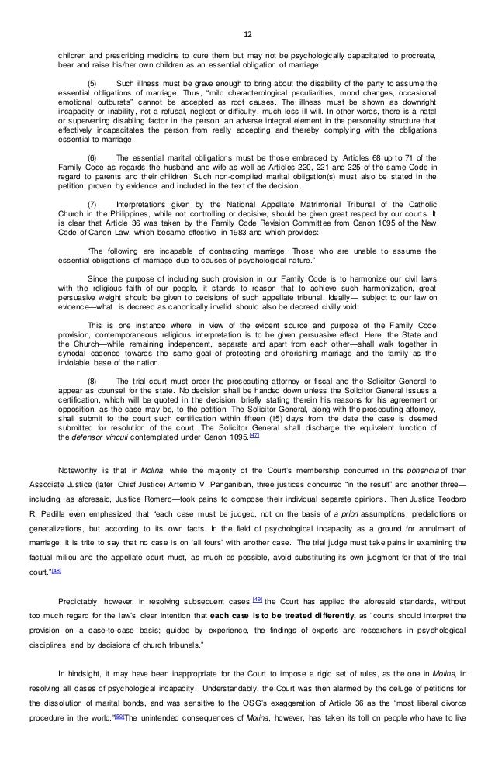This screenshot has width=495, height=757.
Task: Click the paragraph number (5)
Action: (x=93, y=81)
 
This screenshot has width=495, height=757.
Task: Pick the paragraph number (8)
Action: (x=93, y=381)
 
